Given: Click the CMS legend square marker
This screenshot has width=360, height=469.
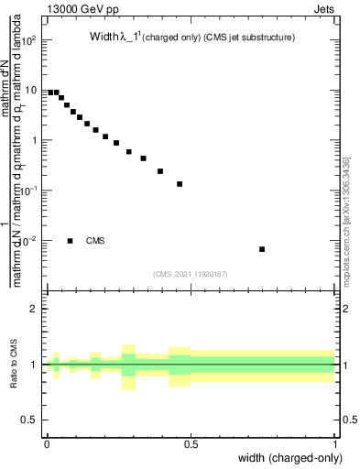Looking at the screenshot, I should pos(71,241).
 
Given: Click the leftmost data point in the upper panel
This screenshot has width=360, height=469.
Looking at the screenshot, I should pos(50,93).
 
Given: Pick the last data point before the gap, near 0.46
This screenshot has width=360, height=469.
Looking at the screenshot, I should pos(180,184).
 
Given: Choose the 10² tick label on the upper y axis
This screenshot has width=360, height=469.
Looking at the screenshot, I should pos(29,40).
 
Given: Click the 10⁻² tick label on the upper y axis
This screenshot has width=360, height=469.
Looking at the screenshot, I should pos(29,240).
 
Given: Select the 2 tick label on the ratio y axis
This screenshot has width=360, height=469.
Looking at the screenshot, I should pos(34,309).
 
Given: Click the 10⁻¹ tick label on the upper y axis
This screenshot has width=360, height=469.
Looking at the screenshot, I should pos(29,190).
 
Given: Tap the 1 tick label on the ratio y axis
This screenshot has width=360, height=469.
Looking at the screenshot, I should pos(34,365).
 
